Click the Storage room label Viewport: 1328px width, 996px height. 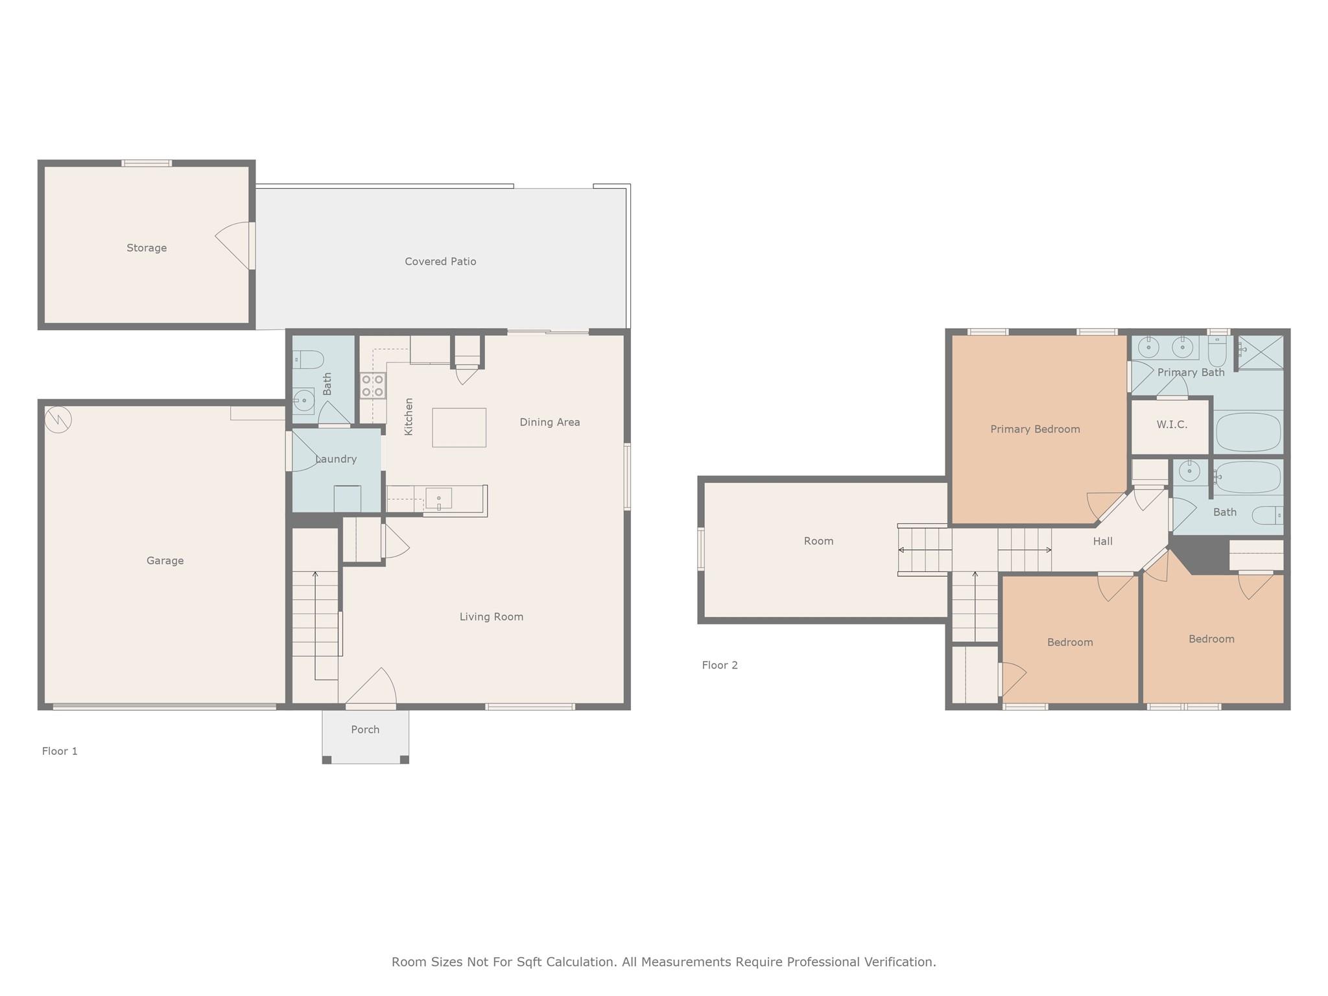pyautogui.click(x=147, y=248)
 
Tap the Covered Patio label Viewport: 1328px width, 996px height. pyautogui.click(x=440, y=261)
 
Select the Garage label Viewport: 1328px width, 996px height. pyautogui.click(x=165, y=560)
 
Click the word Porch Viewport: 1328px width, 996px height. pyautogui.click(x=365, y=729)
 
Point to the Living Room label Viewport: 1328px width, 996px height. pyautogui.click(x=492, y=617)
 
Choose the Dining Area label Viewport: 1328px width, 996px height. pyautogui.click(x=550, y=422)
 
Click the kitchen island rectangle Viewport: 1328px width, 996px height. pyautogui.click(x=459, y=427)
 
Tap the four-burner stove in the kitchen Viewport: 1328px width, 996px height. pyautogui.click(x=373, y=385)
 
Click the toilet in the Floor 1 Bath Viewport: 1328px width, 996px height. pyautogui.click(x=308, y=359)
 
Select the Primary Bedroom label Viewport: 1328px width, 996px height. pyautogui.click(x=1035, y=429)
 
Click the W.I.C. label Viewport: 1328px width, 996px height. pyautogui.click(x=1172, y=425)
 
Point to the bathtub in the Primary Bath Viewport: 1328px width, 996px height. pyautogui.click(x=1248, y=432)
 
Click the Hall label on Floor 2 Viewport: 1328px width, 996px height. pyautogui.click(x=1102, y=541)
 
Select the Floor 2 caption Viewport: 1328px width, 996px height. pyautogui.click(x=720, y=665)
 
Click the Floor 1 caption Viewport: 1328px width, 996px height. pyautogui.click(x=60, y=751)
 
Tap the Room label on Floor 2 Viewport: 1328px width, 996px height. pyautogui.click(x=818, y=541)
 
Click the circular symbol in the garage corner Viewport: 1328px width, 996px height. pyautogui.click(x=58, y=420)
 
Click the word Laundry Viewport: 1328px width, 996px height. pyautogui.click(x=336, y=459)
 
